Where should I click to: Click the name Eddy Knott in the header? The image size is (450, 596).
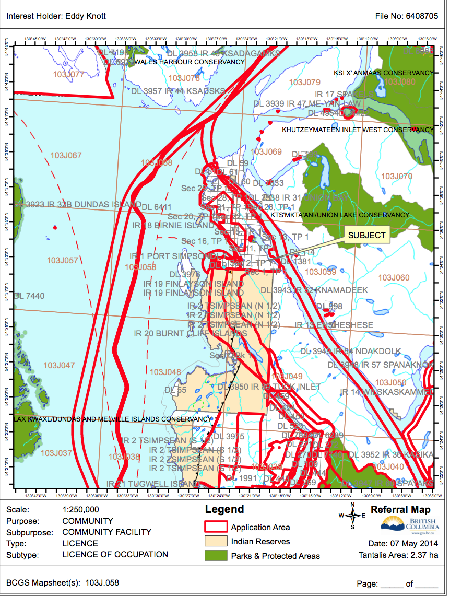(x=85, y=16)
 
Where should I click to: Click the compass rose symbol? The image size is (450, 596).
(x=352, y=516)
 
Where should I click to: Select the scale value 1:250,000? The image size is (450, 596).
(x=80, y=509)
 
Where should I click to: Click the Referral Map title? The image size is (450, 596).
(x=400, y=510)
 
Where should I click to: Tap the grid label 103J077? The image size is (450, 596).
(x=68, y=75)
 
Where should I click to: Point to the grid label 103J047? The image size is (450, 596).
(x=59, y=366)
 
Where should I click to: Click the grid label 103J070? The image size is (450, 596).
(x=396, y=177)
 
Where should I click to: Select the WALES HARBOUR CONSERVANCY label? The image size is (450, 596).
(x=190, y=62)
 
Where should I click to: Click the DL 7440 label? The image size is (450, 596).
(x=29, y=296)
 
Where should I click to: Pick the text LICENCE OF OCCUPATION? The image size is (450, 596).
(x=115, y=554)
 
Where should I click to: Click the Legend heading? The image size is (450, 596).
(x=224, y=510)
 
